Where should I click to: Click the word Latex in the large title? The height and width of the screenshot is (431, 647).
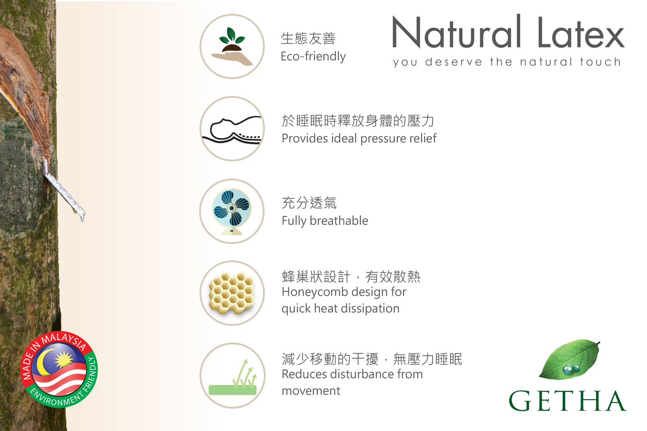coord(581,32)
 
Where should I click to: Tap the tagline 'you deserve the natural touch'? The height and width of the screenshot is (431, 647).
coord(507,62)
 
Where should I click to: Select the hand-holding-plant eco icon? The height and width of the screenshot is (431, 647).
coord(232,46)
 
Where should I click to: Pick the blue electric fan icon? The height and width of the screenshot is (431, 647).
coord(231,212)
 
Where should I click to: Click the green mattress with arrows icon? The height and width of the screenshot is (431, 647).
coord(232,377)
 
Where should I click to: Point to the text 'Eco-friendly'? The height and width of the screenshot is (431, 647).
coord(313,56)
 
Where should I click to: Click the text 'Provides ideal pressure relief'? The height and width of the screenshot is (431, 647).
coord(359,138)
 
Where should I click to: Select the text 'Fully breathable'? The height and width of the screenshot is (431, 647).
coord(325,221)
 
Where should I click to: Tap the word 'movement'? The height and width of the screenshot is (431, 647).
coord(311,391)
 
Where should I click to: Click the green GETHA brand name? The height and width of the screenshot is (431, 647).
coord(567,401)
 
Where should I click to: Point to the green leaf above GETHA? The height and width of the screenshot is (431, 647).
coord(569,359)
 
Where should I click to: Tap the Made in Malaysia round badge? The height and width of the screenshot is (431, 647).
coord(59,369)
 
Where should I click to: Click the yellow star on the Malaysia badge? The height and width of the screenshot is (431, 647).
coord(64,359)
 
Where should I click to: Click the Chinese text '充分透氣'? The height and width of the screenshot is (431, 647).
coord(309,203)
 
